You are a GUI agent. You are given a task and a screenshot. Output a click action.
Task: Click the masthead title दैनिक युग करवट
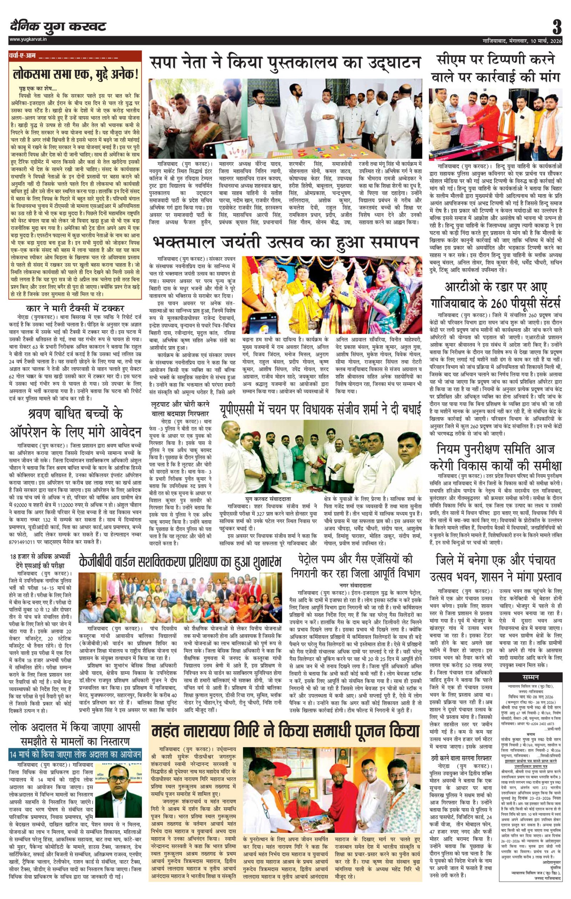tap(58, 26)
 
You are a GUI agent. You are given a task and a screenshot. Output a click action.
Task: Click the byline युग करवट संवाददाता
tap(268, 498)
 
